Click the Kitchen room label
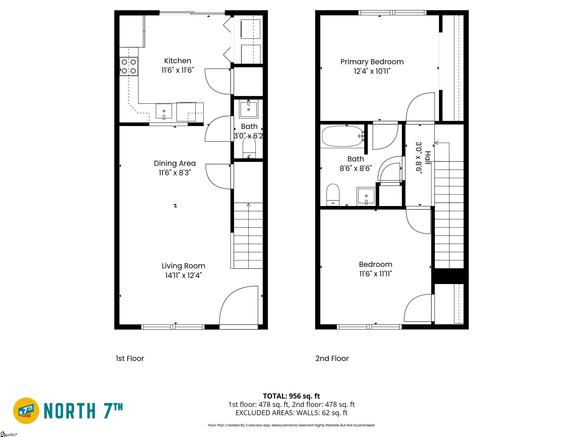click(x=178, y=61)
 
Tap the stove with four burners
click(x=129, y=66)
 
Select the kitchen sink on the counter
click(x=164, y=111)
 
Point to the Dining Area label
click(x=175, y=163)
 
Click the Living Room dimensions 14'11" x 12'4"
click(x=184, y=275)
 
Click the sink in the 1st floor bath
click(x=249, y=109)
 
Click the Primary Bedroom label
click(x=372, y=62)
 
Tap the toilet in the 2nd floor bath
click(x=333, y=195)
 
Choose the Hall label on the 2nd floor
click(x=428, y=158)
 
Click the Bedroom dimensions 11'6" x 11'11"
click(x=376, y=274)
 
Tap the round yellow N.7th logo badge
click(x=26, y=411)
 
